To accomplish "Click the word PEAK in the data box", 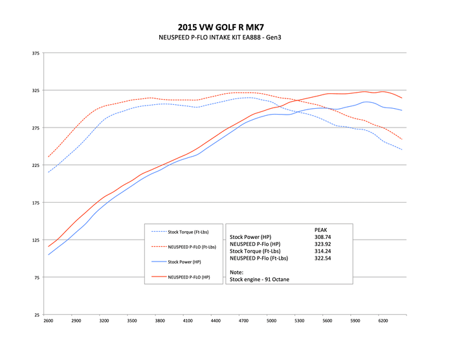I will [320, 230].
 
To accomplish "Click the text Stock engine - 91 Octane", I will [258, 280].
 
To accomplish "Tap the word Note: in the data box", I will [238, 273].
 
